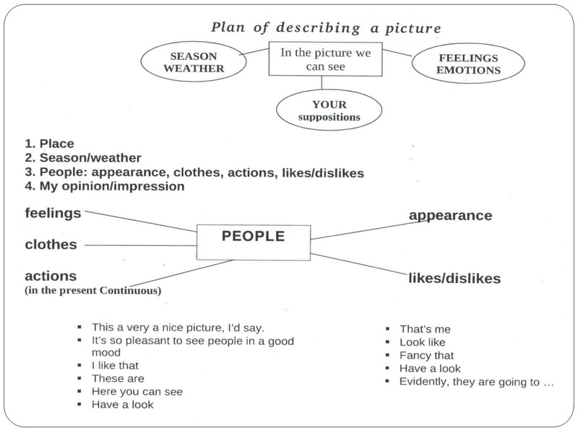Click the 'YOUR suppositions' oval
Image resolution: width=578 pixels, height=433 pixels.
coord(320,110)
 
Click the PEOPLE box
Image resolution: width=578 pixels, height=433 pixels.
coord(253,237)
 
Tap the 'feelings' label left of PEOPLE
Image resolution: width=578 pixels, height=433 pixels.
coord(53,213)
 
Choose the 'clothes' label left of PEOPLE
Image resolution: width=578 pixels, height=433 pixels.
coord(51,245)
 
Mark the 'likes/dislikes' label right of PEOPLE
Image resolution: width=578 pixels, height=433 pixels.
coord(454,278)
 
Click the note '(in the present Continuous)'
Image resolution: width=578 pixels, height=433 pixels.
coord(93,291)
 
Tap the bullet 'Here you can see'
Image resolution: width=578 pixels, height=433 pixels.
coord(137,392)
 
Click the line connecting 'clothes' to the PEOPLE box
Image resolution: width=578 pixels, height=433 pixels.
coord(141,245)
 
